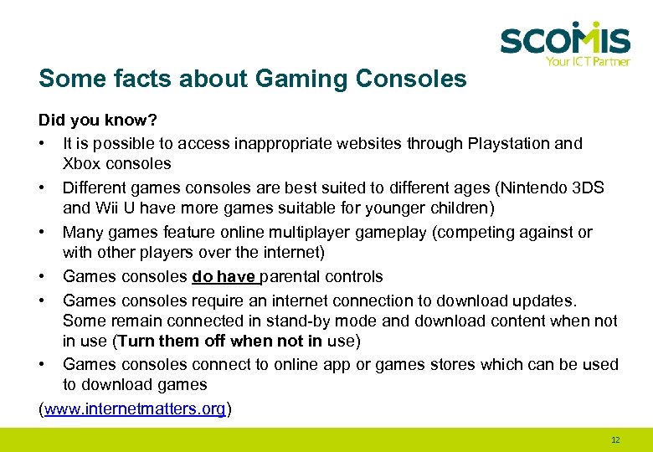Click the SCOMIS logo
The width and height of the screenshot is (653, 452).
(564, 39)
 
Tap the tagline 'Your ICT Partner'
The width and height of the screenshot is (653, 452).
(587, 61)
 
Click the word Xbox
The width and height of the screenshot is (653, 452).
(81, 164)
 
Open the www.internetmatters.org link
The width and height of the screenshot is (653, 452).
(136, 408)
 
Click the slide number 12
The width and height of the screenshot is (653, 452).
(615, 439)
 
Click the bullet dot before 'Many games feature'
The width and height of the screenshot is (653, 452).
(43, 232)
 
